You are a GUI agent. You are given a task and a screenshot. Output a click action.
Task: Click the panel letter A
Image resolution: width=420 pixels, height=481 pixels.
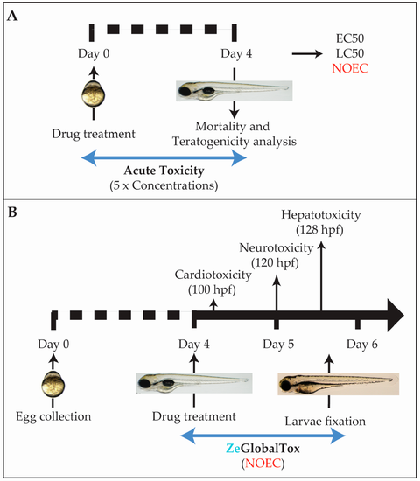pos(12,16)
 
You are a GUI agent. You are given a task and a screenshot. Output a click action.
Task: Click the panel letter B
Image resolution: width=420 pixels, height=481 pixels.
pos(12,212)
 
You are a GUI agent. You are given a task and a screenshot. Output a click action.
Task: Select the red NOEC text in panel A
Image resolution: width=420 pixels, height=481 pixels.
pos(350,68)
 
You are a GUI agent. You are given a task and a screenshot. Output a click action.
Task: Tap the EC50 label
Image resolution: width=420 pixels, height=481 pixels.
pos(350,38)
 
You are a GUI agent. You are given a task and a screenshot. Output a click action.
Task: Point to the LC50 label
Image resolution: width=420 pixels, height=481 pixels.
pos(350,53)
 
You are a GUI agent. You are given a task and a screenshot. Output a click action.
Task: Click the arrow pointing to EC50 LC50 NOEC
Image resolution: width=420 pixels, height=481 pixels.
pos(307,54)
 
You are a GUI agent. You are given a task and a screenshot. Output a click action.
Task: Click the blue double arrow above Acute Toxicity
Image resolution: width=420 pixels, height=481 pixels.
pos(164,158)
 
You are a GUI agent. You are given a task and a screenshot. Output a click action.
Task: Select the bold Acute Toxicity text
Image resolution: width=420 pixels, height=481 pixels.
pos(164,171)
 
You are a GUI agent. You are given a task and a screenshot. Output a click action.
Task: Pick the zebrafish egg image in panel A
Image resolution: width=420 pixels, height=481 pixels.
pos(94,94)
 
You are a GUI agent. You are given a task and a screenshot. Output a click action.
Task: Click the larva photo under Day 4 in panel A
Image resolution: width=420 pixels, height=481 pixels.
pos(234,91)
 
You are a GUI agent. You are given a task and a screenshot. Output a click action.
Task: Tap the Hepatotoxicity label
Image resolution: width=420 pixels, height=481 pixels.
pos(321,215)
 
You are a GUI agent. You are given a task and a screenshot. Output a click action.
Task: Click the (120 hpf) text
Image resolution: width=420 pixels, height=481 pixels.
pos(275,263)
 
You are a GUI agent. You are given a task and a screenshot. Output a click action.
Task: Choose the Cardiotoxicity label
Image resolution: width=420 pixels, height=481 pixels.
pos(213,275)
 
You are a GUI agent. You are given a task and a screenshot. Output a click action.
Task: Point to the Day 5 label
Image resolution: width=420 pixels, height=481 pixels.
pos(278,345)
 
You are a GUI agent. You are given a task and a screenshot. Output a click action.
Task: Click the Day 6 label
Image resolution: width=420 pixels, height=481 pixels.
pos(362,345)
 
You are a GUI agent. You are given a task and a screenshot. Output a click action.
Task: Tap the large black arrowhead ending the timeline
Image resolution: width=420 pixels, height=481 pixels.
pos(395,315)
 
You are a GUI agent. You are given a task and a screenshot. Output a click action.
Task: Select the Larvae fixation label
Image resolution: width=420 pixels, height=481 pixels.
pos(325,422)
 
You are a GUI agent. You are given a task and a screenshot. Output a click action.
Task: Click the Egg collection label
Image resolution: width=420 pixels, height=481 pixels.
pos(53,416)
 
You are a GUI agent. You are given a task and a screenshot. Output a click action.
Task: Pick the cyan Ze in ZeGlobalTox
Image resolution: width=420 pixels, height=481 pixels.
pos(233,449)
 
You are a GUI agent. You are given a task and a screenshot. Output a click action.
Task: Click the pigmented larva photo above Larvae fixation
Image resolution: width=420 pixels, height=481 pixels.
pos(339,384)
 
